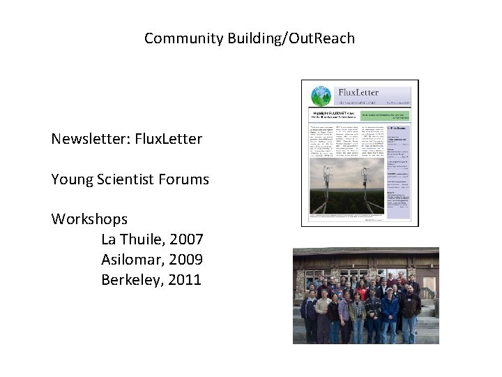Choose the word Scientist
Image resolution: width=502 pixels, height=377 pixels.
point(125,179)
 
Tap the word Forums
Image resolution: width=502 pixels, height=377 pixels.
point(184,179)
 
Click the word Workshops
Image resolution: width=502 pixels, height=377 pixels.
point(89,219)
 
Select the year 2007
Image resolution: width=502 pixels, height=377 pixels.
point(181,239)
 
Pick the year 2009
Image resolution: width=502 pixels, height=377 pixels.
point(181,260)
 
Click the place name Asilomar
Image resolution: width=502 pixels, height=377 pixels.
point(129,260)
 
